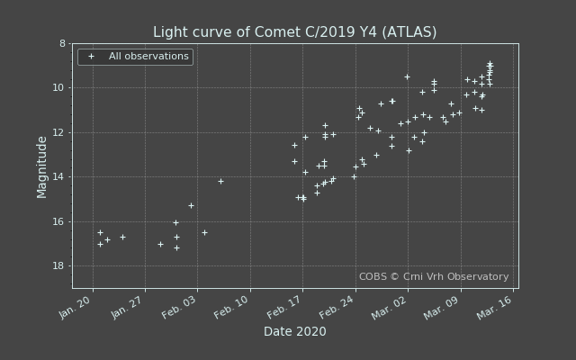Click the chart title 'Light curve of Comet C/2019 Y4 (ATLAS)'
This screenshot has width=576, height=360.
294,32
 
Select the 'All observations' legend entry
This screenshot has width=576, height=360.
148,57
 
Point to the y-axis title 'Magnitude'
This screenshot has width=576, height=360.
42,166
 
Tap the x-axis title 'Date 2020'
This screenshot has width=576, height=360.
294,332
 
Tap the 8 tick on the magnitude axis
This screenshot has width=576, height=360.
62,43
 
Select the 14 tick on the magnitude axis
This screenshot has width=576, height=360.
59,177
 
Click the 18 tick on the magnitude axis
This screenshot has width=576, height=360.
59,266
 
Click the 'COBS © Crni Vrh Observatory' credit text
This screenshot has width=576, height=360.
434,277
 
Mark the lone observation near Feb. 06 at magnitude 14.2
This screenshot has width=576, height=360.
220,181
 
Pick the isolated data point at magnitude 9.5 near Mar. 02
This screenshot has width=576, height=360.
407,76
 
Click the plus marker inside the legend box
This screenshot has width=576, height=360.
91,57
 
